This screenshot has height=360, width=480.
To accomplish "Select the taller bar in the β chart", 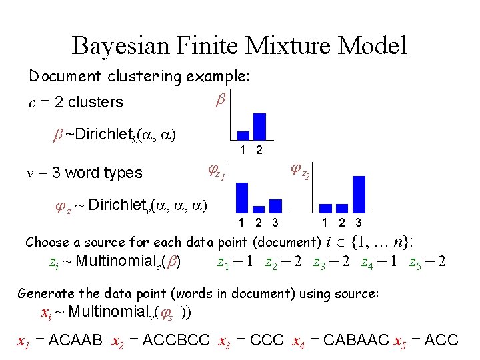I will click(x=259, y=126).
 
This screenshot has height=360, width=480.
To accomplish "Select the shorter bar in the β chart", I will click(x=243, y=135).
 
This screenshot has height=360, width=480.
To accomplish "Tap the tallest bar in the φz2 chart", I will click(x=359, y=193).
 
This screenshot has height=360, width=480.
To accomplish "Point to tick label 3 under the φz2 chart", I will click(x=359, y=222).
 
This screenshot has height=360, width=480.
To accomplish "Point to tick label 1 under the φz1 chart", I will click(x=242, y=222).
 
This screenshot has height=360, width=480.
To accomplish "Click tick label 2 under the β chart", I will click(x=259, y=151).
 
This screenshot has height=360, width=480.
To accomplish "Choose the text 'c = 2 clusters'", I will click(x=75, y=103).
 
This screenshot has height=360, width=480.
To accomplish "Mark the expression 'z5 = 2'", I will click(x=427, y=261).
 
